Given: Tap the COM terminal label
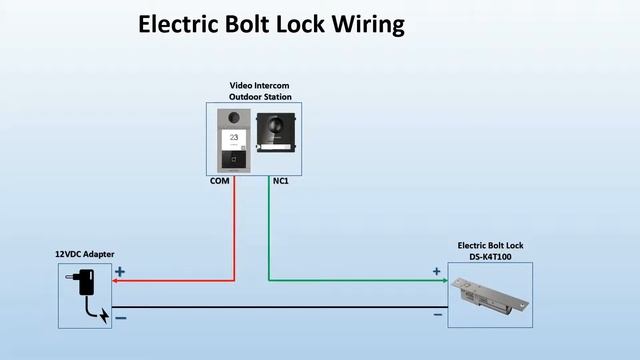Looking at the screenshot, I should [219, 181].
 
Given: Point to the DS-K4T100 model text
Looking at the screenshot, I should [490, 256].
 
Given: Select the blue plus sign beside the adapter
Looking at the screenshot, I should [121, 271].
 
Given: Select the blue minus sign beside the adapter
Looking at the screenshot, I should [121, 317].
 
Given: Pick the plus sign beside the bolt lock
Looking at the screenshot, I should [436, 271].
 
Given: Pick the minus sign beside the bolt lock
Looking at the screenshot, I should [438, 315].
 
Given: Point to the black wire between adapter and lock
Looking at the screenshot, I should [280, 307].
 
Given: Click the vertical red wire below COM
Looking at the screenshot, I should [235, 230].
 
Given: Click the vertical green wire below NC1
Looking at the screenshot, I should [268, 230].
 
